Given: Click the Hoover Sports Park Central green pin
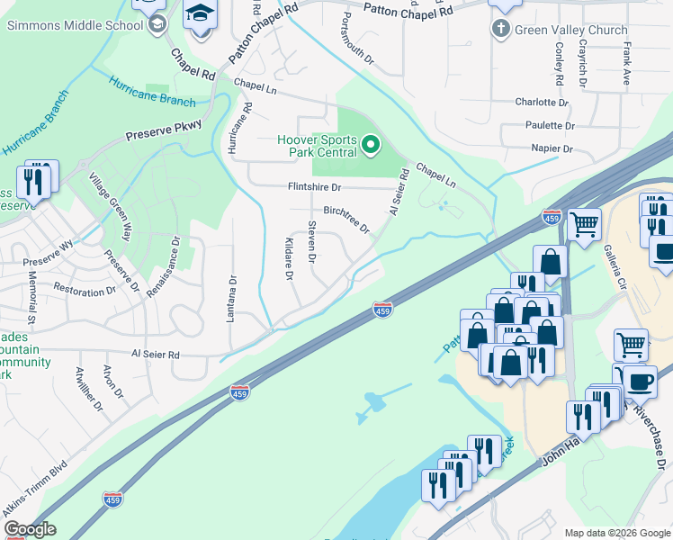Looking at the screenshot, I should [x=369, y=145].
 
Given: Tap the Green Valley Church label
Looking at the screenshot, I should [x=570, y=30].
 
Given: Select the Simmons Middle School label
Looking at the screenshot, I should [x=75, y=24].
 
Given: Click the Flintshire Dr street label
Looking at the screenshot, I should [x=314, y=187].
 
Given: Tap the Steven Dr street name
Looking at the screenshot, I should [x=312, y=242].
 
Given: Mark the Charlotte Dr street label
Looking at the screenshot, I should [x=543, y=102].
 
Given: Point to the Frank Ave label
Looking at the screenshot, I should [x=626, y=67].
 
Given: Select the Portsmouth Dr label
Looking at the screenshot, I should [x=358, y=43].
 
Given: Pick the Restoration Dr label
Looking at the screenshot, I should [x=85, y=291].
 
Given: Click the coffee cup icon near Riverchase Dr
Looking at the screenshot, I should [x=640, y=381].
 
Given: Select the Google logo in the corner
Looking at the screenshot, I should [x=29, y=529].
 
